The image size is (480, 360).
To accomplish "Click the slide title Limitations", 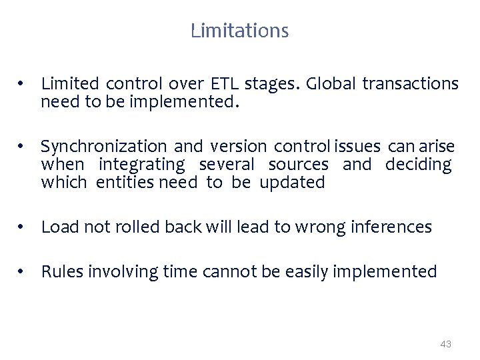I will coord(239,31).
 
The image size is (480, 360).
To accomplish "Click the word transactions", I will coord(410,84).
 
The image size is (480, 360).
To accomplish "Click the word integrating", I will coord(141,165).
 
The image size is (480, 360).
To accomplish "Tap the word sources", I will coord(298,165).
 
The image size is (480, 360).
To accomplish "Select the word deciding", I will coord(418,165).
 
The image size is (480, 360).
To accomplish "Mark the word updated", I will coord(292,183).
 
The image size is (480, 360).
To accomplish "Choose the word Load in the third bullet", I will coord(57,227).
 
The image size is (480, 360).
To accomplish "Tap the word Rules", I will coord(62,272).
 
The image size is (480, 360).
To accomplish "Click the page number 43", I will coord(446,344).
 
